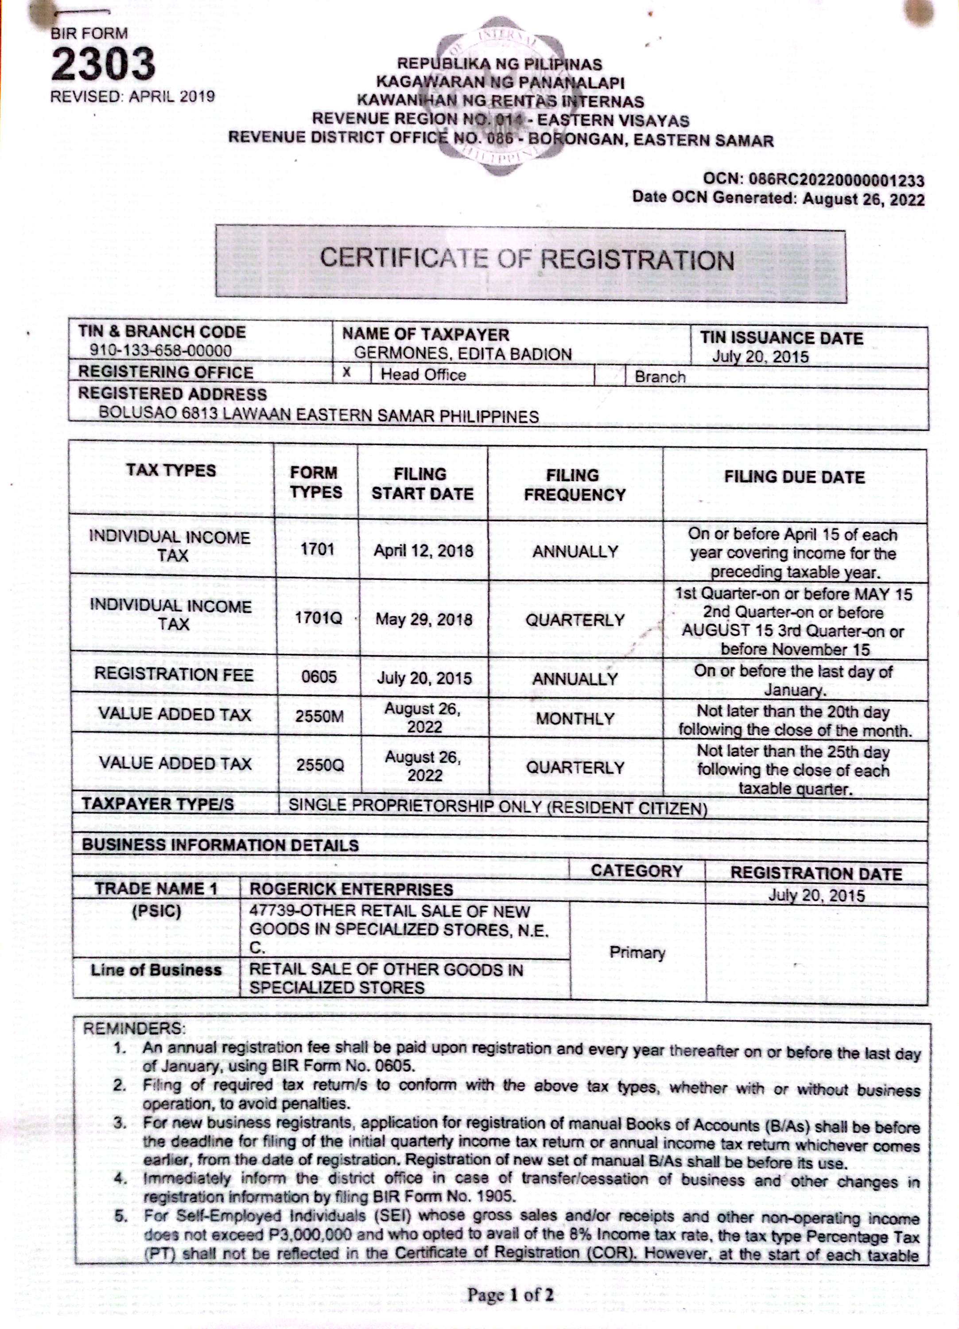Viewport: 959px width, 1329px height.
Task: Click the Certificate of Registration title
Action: [527, 260]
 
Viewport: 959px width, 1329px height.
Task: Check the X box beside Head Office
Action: [347, 373]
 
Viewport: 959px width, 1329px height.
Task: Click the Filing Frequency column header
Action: [575, 485]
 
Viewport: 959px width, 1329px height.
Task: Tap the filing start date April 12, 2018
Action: [423, 551]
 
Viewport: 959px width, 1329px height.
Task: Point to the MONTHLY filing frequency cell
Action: [575, 719]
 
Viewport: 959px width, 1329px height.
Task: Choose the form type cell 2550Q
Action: [319, 766]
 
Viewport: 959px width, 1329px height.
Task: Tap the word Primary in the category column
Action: [637, 952]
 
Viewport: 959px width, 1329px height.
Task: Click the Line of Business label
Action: [156, 970]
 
